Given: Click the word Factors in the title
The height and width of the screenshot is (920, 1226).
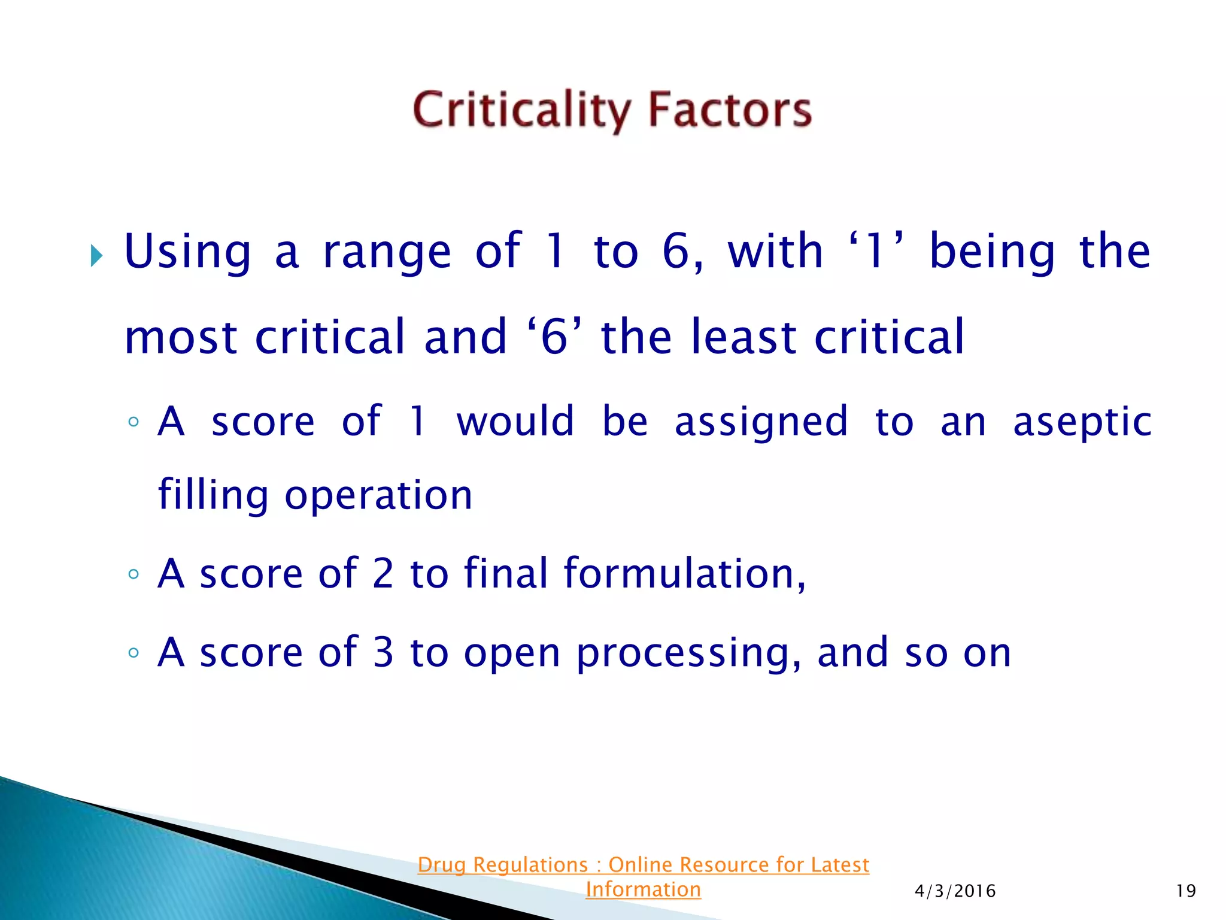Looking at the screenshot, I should click(730, 110).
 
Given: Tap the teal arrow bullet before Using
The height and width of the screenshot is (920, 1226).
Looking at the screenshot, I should click(96, 256).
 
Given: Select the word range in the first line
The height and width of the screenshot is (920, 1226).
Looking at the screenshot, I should click(387, 253).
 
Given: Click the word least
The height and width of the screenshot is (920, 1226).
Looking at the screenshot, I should click(744, 337).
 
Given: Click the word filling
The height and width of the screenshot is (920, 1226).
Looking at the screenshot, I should click(213, 496).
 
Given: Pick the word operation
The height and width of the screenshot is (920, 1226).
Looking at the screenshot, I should click(378, 496).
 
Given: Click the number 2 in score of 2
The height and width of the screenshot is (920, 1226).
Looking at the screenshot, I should click(383, 574).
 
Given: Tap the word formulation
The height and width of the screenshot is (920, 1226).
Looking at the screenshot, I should click(684, 574).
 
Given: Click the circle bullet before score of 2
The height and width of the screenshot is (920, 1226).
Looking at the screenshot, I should click(133, 574).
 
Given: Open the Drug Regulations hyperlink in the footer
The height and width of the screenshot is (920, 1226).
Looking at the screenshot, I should click(643, 865).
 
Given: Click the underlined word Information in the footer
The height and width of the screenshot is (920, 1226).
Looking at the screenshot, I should click(643, 889).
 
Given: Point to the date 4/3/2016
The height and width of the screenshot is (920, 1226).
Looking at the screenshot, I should click(955, 891).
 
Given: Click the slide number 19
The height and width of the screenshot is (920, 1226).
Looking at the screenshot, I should click(1185, 891).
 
